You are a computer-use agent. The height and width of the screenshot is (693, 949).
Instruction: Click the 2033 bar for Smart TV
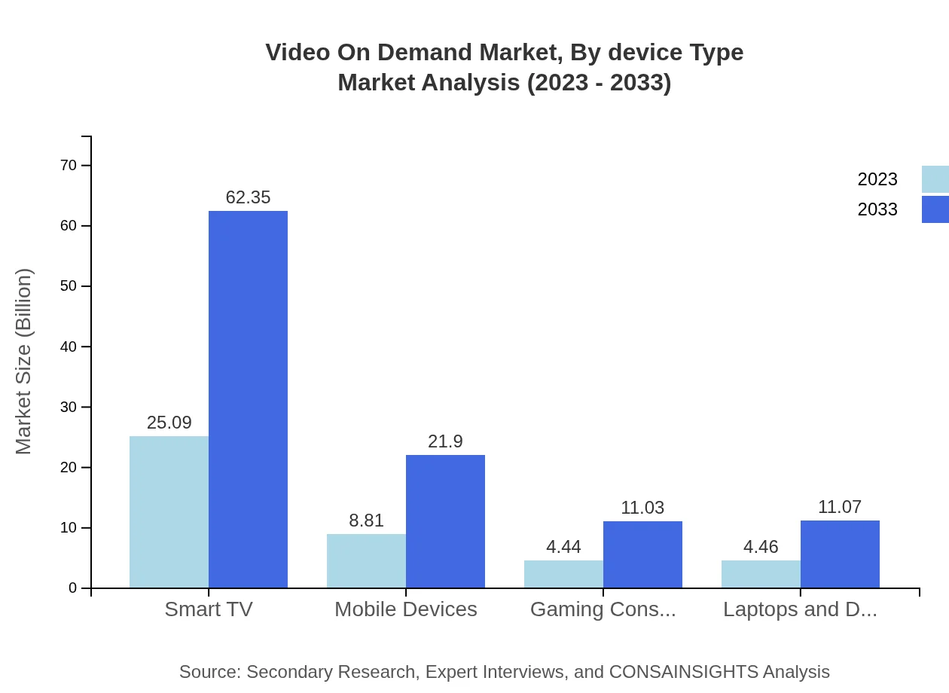pos(248,399)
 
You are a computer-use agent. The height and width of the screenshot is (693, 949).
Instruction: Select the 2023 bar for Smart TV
pos(169,511)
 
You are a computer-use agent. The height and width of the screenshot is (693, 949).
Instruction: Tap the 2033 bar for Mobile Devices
pos(445,521)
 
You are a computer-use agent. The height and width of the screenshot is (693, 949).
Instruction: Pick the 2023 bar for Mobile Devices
pos(366,560)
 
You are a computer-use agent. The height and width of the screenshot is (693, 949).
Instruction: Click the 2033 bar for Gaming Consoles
pos(642,554)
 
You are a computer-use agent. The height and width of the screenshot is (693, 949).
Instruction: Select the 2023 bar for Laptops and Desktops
pos(761,574)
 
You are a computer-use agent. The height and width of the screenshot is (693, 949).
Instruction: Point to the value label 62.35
pos(248,197)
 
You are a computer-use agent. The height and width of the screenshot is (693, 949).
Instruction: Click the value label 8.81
pos(366,521)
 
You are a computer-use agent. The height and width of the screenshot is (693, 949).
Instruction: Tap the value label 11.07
pos(840,507)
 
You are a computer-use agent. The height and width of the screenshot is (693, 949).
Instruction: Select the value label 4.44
pos(563,547)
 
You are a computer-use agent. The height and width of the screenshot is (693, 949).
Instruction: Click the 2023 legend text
pos(877,179)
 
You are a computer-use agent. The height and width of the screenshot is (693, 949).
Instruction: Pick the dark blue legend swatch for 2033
pos(935,209)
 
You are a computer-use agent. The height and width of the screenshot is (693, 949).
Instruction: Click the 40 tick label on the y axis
pos(69,346)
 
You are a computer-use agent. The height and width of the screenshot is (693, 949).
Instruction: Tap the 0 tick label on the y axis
pos(73,588)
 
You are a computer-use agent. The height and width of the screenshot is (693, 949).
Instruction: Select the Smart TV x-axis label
pos(209,609)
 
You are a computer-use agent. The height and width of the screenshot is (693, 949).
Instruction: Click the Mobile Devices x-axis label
pos(406,609)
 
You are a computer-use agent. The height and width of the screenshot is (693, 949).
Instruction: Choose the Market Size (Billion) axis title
pos(23,362)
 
